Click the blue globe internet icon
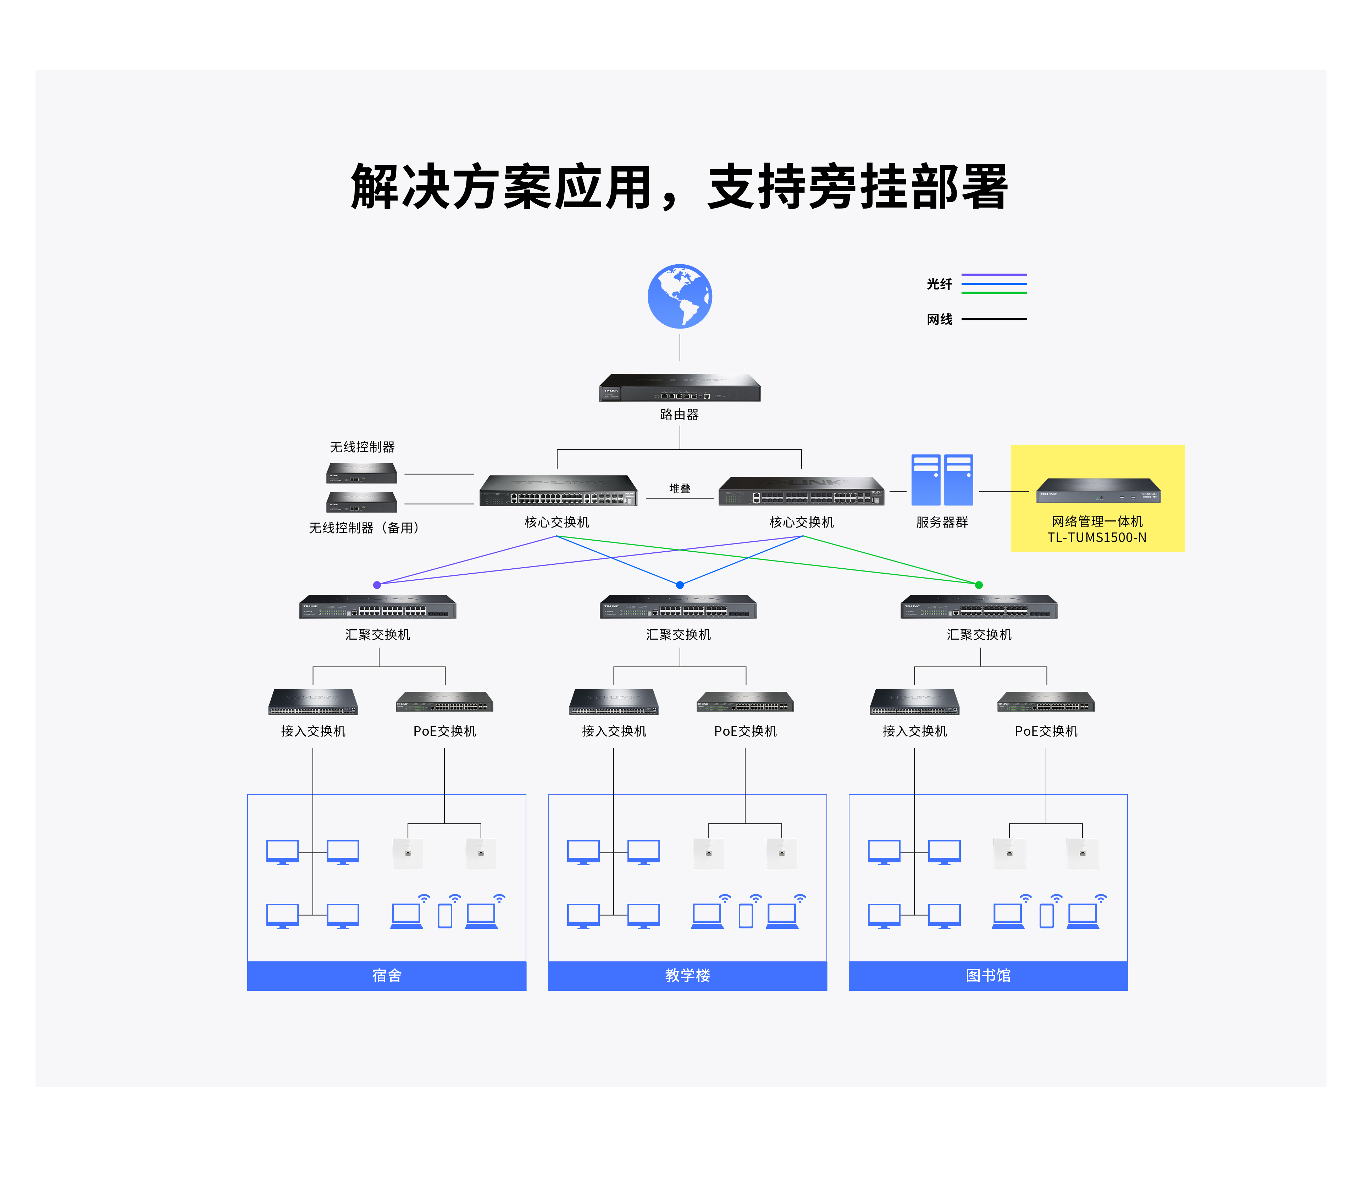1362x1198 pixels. (680, 297)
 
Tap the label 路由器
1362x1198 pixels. (680, 414)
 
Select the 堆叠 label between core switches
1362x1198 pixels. (680, 488)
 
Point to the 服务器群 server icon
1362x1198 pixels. (942, 480)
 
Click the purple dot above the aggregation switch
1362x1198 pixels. (377, 585)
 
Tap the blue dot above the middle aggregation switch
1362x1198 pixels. (680, 585)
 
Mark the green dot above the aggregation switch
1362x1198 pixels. (979, 585)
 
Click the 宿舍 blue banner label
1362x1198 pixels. (387, 976)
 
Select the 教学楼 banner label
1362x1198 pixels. (687, 976)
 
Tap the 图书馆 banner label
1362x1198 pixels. (988, 976)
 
